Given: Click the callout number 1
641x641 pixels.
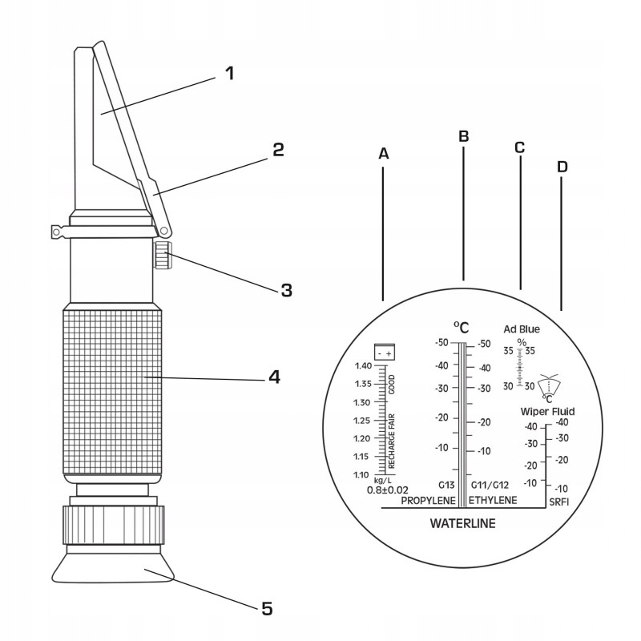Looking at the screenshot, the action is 229,74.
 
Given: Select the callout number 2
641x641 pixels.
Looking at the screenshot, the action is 277,150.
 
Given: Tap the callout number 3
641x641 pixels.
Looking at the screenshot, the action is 286,290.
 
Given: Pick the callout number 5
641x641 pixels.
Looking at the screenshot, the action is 267,610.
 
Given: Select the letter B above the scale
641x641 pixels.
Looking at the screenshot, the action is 462,136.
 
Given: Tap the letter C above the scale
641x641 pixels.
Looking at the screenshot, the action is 519,147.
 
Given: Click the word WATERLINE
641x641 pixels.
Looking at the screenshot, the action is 463,524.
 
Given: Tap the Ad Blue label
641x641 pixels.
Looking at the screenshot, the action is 522,329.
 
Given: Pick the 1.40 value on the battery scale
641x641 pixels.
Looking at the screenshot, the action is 363,365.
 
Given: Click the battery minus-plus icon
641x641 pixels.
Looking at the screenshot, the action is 385,353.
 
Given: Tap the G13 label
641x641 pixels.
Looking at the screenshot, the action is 446,485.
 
